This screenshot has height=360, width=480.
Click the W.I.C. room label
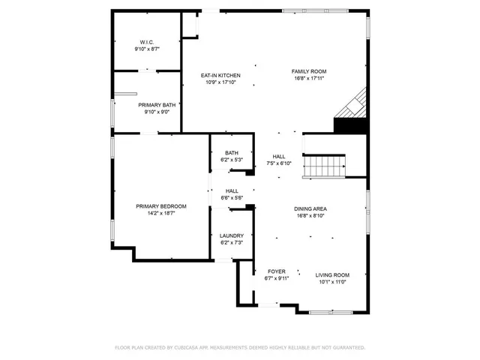point(146,42)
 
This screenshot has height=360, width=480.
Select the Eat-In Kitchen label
point(220,76)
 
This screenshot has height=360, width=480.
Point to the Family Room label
point(309,71)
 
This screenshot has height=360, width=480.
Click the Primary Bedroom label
point(160,206)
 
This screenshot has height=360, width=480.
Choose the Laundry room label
point(232,235)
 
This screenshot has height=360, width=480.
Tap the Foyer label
point(277,271)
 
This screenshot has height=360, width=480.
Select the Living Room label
point(331,275)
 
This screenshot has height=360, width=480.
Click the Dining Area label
point(310,208)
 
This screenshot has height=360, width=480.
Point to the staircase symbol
point(325,165)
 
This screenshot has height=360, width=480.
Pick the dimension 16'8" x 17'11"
point(309,78)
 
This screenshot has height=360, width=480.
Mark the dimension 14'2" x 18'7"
point(160,213)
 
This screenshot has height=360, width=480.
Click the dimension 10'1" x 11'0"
point(331,282)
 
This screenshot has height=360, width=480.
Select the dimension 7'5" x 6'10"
point(278,163)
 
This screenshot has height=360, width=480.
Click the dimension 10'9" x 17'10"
point(220,82)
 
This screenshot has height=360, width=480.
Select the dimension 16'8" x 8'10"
point(310,215)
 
